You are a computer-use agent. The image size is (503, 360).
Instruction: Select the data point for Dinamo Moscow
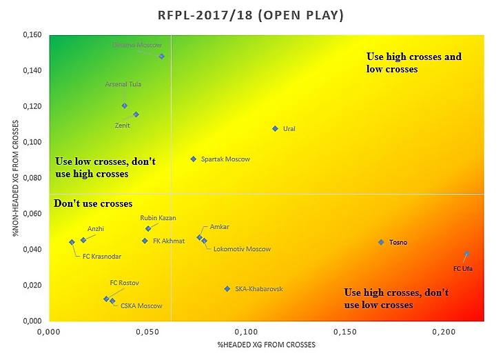162,57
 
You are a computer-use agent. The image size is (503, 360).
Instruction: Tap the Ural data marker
275,129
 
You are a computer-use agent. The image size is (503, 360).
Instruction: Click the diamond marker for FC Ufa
466,254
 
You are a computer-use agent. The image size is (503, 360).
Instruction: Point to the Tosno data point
381,242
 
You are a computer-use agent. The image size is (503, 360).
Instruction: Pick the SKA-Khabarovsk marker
227,289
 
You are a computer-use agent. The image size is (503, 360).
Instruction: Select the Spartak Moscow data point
194,159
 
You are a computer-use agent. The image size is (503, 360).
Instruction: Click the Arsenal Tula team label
123,84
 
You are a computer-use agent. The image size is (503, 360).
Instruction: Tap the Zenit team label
122,126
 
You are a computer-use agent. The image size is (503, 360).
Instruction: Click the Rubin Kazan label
158,218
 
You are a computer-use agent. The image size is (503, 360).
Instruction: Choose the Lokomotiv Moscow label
242,249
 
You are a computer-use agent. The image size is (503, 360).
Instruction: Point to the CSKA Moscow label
141,306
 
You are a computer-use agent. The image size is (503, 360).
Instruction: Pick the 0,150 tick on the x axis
345,333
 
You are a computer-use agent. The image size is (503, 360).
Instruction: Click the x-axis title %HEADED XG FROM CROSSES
266,344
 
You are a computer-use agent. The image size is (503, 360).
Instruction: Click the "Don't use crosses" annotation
92,203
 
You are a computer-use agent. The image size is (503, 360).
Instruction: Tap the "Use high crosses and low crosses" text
413,63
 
